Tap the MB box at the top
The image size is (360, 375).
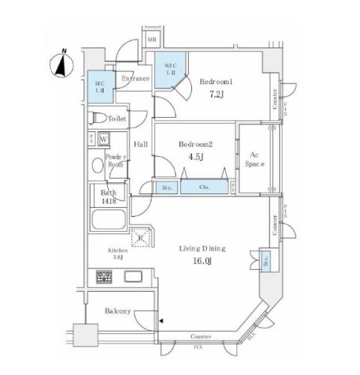click(151, 38)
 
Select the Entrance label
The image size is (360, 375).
click(136, 78)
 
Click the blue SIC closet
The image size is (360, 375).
click(98, 84)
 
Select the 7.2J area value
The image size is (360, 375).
click(216, 95)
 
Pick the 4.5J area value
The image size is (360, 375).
click(196, 157)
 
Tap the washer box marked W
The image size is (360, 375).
click(103, 139)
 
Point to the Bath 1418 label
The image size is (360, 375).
click(108, 196)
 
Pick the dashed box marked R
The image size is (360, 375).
click(140, 238)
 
